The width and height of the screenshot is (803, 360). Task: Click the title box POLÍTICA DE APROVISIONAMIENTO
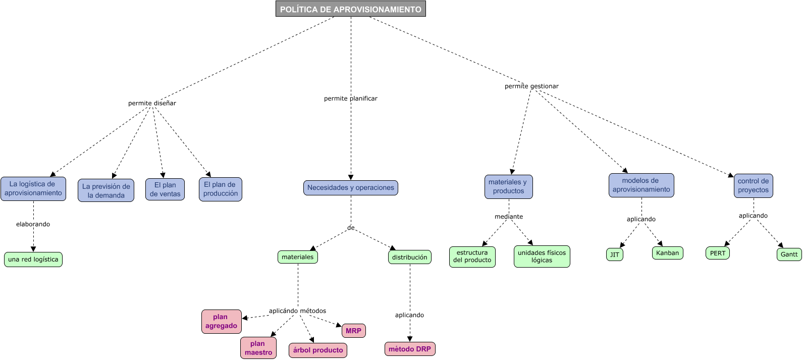tap(350, 9)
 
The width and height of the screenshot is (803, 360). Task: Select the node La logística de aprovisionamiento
tap(33, 189)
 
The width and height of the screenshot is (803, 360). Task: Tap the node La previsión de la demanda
tap(106, 190)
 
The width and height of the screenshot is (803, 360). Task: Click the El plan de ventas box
tap(165, 189)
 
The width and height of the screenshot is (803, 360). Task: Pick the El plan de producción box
tap(221, 189)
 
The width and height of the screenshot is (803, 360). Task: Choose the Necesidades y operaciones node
tap(351, 188)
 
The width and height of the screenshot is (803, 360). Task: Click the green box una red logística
tap(33, 260)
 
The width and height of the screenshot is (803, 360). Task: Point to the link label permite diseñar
tap(152, 103)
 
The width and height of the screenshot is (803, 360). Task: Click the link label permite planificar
tap(350, 98)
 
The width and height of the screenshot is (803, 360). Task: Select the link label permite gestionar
tap(531, 86)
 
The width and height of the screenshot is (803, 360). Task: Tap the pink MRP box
tap(353, 331)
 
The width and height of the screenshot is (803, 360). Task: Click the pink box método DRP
tap(410, 349)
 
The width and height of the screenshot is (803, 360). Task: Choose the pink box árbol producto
tap(318, 350)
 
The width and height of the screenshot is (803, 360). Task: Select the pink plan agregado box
tap(221, 322)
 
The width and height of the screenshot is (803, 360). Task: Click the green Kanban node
tap(667, 253)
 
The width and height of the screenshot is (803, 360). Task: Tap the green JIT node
tap(614, 254)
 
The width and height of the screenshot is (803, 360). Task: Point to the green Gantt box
tap(789, 254)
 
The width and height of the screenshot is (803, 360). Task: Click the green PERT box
tap(717, 253)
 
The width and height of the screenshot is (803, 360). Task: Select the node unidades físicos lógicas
tap(542, 256)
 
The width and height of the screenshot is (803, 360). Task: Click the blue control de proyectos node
tap(753, 186)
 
